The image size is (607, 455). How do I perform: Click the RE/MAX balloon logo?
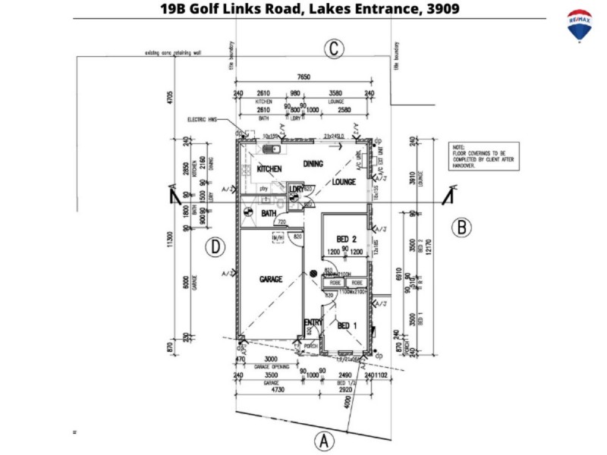(580, 26)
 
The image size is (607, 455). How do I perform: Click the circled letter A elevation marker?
(324, 440)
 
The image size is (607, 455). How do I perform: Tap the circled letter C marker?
(333, 50)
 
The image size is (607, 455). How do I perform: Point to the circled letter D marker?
(216, 246)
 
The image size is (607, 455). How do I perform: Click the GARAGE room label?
(271, 279)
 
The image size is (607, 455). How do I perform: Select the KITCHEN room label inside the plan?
(269, 168)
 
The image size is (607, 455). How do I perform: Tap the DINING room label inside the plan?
(313, 164)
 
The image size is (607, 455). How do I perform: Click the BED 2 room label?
(347, 240)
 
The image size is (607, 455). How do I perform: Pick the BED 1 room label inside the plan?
(347, 325)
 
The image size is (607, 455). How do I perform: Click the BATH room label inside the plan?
(269, 214)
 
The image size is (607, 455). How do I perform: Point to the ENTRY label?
(313, 323)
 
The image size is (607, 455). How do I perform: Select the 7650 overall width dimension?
(303, 77)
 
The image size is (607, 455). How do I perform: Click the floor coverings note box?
(483, 157)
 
